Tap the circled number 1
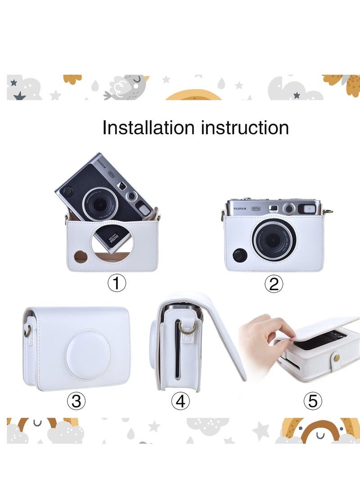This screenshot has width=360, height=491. (x=117, y=284)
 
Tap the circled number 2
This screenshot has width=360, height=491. (x=274, y=284)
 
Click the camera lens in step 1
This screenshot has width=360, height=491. (x=99, y=205)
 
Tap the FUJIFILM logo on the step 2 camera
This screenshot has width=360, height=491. (x=241, y=208)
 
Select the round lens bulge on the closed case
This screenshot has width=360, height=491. (x=88, y=354)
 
